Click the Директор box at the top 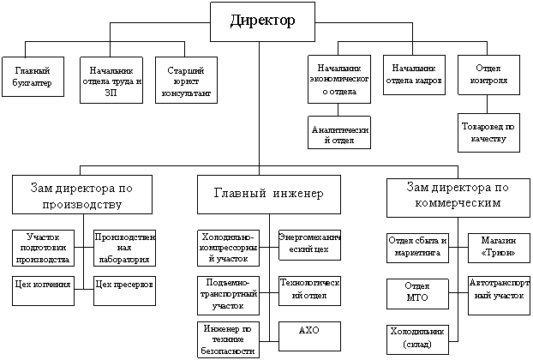point(262,21)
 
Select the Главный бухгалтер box point(33,75)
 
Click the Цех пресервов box point(123,283)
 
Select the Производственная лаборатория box point(123,247)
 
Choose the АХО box point(308,331)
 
